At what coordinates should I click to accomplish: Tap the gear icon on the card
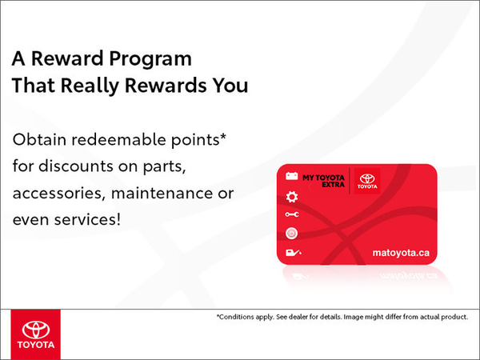[291, 197]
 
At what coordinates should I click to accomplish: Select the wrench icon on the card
[291, 215]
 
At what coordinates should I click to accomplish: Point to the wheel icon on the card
[291, 234]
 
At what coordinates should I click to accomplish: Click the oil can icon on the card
[291, 253]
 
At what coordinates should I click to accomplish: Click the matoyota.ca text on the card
[401, 252]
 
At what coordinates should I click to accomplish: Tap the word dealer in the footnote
[313, 317]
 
